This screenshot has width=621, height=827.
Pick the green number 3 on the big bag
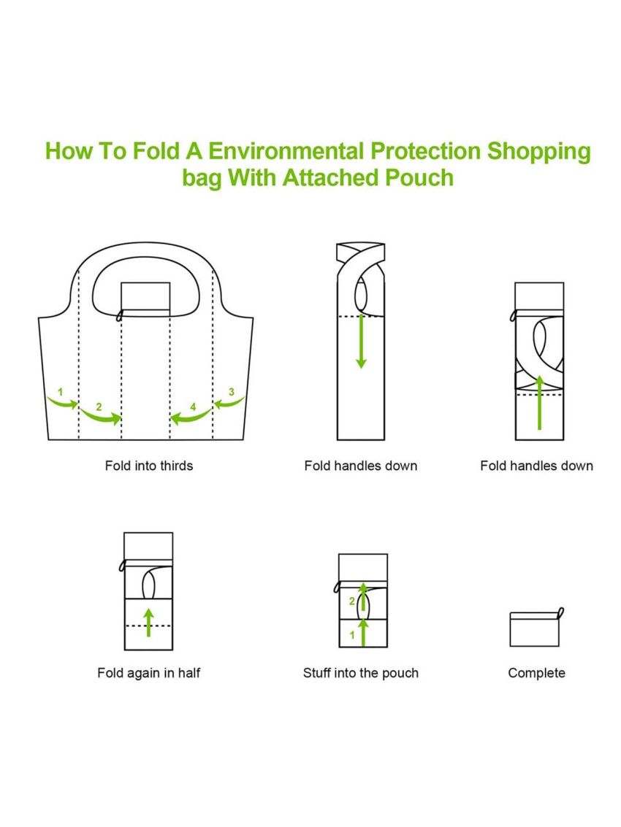[232, 392]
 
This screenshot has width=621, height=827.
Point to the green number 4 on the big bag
[193, 406]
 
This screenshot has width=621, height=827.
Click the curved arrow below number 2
[100, 417]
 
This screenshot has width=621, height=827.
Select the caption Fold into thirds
[149, 466]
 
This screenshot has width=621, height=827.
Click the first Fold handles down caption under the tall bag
[360, 466]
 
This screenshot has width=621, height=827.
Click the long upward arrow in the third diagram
[539, 402]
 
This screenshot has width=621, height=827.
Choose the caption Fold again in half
[148, 672]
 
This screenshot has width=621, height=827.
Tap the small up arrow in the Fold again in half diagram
[149, 622]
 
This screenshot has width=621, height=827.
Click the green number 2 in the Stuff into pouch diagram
[351, 601]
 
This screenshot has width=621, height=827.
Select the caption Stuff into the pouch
[360, 672]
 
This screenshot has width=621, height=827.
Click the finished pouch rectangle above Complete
[533, 629]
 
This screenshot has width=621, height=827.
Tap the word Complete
[536, 672]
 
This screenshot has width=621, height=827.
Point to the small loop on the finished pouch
[561, 613]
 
